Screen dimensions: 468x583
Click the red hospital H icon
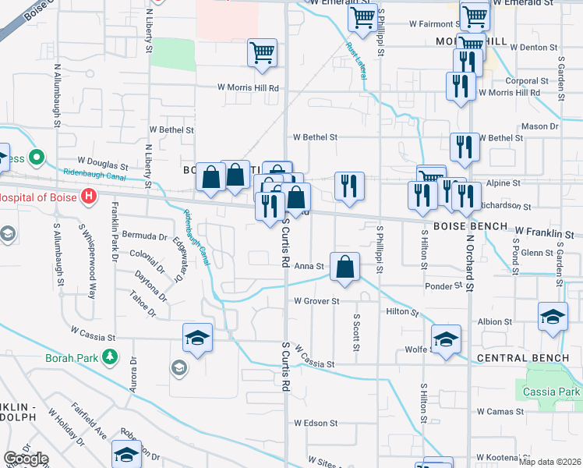(90, 196)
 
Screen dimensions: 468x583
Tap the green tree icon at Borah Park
(111, 357)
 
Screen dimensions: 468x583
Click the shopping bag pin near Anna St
(344, 268)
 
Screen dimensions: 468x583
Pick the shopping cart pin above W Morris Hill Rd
(263, 53)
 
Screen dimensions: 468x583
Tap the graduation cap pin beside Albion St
(553, 317)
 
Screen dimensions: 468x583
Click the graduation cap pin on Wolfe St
(446, 339)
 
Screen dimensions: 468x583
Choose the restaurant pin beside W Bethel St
(464, 146)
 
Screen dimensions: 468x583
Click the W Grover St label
(316, 301)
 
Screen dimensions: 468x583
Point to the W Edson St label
(316, 423)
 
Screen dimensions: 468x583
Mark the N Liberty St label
(148, 164)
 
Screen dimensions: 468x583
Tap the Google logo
(26, 459)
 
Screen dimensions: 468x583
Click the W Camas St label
(503, 410)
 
